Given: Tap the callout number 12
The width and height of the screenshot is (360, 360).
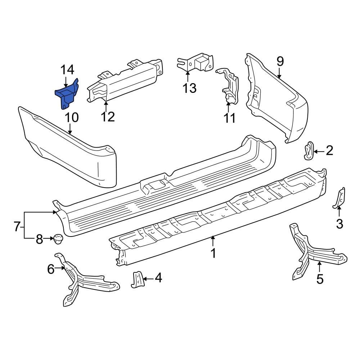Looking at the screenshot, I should point(107,117).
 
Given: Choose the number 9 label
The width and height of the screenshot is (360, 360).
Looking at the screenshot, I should point(280,62).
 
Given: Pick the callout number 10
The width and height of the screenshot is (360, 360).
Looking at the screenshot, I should point(71,117).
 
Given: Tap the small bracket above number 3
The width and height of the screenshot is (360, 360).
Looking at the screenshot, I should point(339,199).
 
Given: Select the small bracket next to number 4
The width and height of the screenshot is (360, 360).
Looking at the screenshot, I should point(137,279).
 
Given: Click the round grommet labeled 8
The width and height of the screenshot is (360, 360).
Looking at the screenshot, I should point(57,238).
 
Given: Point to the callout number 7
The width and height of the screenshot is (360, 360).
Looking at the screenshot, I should point(17,227).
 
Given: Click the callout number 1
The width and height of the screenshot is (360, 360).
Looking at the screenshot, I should point(213,253).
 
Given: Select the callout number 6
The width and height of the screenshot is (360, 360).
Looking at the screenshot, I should point(51,269).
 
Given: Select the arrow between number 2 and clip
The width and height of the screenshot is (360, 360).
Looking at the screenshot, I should point(318,151).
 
